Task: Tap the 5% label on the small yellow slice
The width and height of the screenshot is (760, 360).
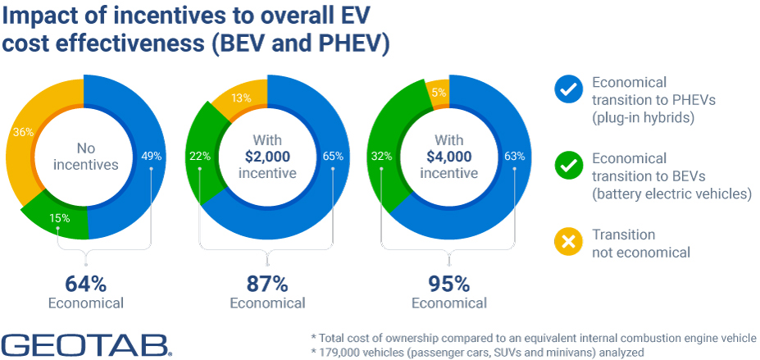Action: (x=438, y=93)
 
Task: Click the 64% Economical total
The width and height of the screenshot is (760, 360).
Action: (x=86, y=284)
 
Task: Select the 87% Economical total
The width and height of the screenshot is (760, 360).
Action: (x=267, y=284)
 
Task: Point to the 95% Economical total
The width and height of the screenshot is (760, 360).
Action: (x=449, y=284)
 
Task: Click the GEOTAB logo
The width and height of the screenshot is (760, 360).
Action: (x=86, y=344)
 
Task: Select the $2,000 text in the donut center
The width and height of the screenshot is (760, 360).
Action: (x=267, y=157)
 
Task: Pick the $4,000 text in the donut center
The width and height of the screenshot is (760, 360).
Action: (x=449, y=157)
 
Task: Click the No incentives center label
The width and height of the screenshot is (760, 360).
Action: (x=85, y=157)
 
